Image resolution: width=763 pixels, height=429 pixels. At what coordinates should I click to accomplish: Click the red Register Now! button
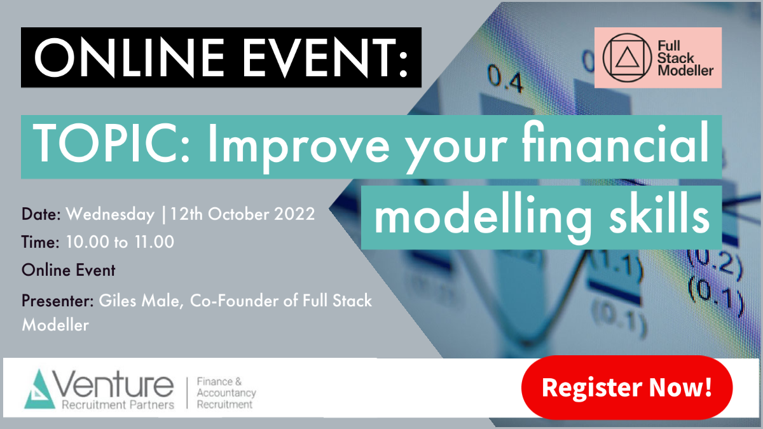pos(627,388)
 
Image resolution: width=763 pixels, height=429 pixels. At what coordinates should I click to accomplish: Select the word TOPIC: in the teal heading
pos(111,143)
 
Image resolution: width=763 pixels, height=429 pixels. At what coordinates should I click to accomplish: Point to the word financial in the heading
pos(615,142)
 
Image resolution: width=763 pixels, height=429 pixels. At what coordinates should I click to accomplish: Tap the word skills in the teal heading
pos(659,215)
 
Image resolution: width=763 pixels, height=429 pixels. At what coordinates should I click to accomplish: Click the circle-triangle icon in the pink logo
pos(628,58)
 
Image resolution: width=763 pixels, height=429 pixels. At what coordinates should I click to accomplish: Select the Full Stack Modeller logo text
pos(685,58)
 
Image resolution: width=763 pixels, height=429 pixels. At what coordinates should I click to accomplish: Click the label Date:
pos(41,214)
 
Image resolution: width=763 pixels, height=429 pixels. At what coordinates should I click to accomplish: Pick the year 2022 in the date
pos(294,214)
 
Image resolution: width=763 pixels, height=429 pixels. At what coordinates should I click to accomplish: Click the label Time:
pos(41,242)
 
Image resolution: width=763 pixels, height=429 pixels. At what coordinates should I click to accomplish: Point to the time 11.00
pos(155,242)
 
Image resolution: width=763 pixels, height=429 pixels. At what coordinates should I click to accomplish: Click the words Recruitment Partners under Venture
pos(118,405)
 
